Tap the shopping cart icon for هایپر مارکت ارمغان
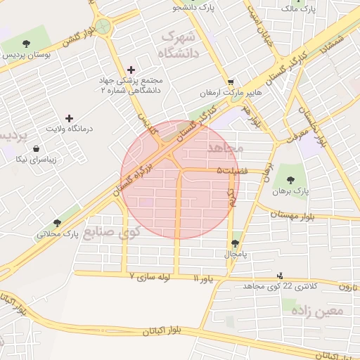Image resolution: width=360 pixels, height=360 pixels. click(x=231, y=82)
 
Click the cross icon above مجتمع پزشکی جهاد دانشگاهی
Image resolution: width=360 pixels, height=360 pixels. click(x=131, y=70)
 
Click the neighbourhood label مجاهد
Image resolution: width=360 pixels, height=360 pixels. click(x=225, y=149)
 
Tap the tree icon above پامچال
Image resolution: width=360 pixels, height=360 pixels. click(x=234, y=243)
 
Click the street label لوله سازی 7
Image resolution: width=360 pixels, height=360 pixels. click(x=150, y=278)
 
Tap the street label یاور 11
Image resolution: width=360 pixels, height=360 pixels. click(x=206, y=279)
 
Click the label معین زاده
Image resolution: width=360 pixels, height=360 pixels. click(x=324, y=309)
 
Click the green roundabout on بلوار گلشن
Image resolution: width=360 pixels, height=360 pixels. click(x=104, y=27)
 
